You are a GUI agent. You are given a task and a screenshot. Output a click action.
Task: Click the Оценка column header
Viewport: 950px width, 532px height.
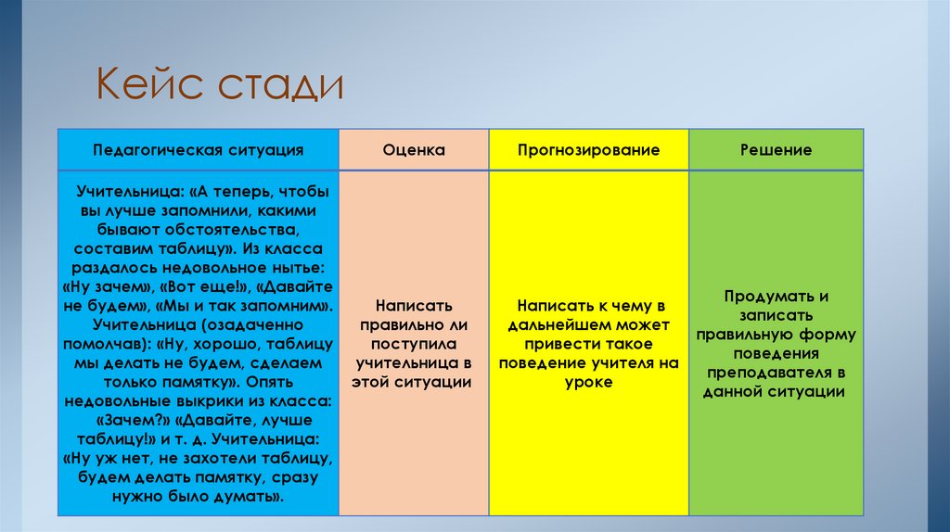coord(414,150)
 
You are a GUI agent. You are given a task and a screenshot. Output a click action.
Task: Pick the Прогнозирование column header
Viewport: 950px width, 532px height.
coord(589,150)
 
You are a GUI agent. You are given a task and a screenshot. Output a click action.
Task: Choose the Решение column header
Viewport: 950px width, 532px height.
coord(776,150)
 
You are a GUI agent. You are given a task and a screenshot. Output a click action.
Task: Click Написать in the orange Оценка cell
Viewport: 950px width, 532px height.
coord(413,305)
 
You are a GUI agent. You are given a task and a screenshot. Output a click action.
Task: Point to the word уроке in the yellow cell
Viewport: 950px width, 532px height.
coord(589,382)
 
